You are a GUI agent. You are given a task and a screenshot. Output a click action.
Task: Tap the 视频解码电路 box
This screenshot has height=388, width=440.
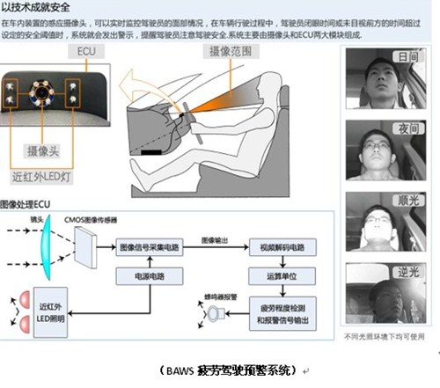[282, 248]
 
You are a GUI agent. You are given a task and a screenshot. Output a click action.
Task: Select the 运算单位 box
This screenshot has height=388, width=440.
[282, 274]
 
